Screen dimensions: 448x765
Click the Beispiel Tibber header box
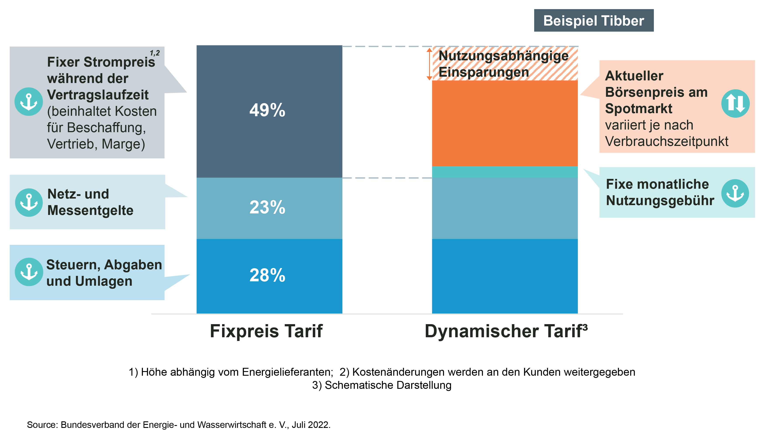(593, 21)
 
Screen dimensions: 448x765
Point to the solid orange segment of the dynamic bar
(504, 123)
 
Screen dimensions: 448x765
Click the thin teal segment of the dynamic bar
(504, 172)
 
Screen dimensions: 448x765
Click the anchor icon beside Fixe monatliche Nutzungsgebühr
(735, 193)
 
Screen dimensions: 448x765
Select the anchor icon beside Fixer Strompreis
(29, 102)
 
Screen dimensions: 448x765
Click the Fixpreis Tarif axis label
(266, 331)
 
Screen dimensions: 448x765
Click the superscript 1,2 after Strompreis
(155, 53)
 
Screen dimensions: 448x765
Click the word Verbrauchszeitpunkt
(666, 141)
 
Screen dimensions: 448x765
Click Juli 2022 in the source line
(311, 425)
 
